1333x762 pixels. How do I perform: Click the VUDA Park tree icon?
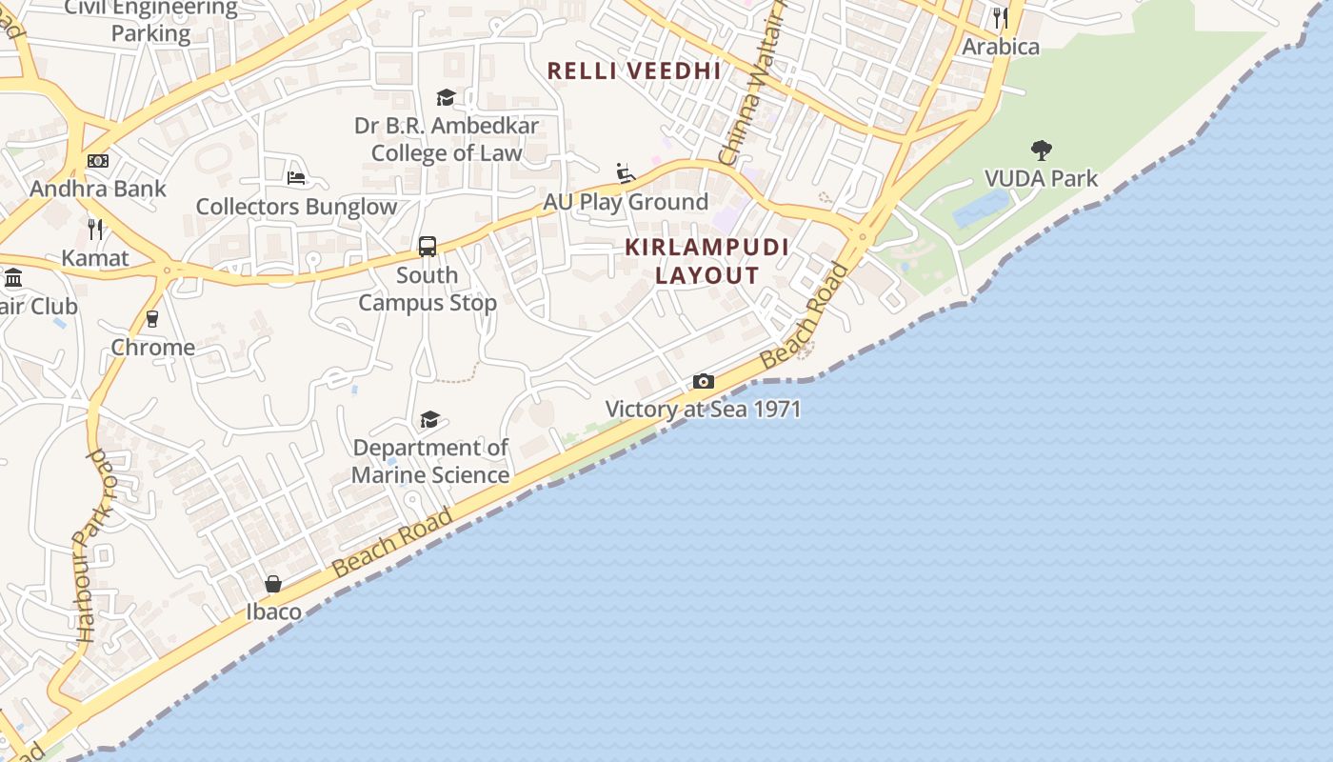[1041, 150]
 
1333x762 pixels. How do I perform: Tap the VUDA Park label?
[1041, 178]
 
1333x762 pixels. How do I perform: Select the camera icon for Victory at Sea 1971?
[703, 382]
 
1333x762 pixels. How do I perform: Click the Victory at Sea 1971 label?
[703, 410]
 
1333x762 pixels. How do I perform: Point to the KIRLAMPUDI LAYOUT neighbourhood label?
[707, 261]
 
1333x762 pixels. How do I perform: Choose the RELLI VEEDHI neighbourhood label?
[634, 70]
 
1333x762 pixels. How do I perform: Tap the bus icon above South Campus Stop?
[428, 247]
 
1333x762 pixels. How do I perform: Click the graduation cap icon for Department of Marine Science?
[429, 419]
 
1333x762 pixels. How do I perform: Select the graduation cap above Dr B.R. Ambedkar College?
[446, 97]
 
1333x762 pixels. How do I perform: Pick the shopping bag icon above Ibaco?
[273, 584]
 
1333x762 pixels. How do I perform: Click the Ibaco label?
[274, 612]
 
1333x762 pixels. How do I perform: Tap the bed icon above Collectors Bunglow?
[296, 178]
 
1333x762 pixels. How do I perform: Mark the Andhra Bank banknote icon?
[98, 161]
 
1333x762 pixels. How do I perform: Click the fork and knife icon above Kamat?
[95, 229]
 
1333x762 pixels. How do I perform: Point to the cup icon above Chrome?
[152, 319]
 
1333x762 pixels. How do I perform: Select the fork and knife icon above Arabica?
[1000, 18]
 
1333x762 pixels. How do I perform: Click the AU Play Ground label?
[626, 202]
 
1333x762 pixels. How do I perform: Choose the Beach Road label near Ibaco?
[391, 543]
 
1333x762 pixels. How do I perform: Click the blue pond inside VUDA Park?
[981, 209]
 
